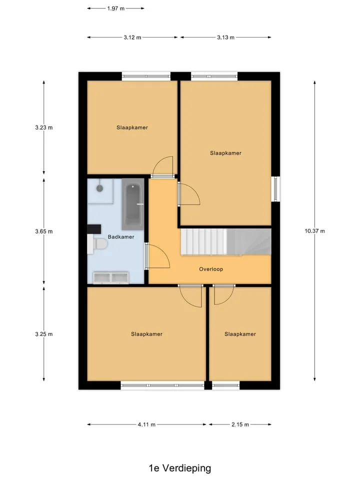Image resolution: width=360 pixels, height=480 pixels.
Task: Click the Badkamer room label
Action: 121,236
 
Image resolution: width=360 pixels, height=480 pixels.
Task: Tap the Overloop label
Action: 211,269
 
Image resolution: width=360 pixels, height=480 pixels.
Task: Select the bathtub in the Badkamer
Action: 133,204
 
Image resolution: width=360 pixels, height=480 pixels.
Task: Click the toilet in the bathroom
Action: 98,244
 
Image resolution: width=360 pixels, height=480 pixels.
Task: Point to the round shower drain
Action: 100,188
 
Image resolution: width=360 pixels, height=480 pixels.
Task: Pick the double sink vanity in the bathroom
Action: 111,277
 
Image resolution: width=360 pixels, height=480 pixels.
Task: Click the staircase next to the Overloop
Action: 226,241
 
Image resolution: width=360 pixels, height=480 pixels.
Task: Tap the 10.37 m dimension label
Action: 314,231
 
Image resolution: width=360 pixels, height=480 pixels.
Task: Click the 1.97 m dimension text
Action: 115,8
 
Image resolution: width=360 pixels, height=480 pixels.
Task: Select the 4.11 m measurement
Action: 146,424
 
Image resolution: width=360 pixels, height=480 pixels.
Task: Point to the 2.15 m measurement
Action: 240,424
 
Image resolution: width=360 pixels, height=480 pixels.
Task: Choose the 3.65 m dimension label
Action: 44,231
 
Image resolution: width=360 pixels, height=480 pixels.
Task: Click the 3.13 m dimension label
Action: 225,37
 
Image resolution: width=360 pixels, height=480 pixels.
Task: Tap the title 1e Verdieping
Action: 180,468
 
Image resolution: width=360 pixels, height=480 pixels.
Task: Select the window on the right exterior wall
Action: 275,189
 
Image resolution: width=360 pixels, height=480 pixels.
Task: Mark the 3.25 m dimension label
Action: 44,334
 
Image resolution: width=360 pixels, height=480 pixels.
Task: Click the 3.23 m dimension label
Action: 44,127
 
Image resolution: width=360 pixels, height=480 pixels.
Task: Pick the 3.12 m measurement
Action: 132,37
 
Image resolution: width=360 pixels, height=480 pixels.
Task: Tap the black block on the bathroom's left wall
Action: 94,229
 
